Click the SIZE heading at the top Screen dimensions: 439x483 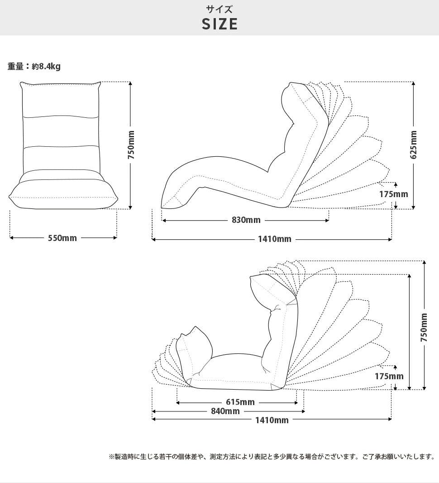coord(219,24)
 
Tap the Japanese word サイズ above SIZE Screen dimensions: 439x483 coord(219,9)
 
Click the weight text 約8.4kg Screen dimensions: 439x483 coord(46,66)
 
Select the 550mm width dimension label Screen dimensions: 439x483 coord(62,238)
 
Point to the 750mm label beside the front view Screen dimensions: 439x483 coord(131,145)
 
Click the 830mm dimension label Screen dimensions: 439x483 coord(246,220)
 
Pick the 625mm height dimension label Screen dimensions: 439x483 coord(414,145)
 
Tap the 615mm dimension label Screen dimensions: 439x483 coord(240,402)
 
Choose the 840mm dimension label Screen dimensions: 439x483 coord(225,411)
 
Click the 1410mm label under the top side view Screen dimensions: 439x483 coord(275,239)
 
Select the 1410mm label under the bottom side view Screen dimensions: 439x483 coord(272,420)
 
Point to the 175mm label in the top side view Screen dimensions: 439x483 coord(393,194)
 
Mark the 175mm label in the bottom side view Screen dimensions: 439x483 coord(389,376)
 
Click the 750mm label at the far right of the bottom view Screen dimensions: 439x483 coord(424,328)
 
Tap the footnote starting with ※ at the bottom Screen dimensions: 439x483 coord(272,457)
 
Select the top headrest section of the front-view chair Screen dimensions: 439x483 coord(61,100)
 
